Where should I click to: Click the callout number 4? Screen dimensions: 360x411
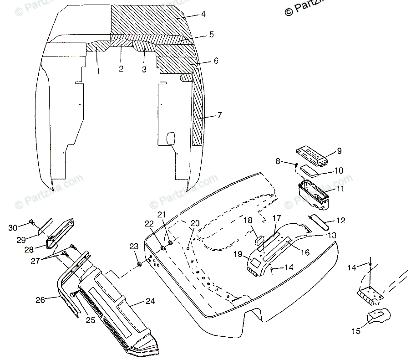(203, 14)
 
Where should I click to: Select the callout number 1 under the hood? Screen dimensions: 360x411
(98, 71)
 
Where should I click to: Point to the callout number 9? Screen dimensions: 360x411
(339, 151)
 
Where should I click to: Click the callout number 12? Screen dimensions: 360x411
(340, 221)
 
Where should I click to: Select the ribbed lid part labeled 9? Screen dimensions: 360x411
(314, 154)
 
